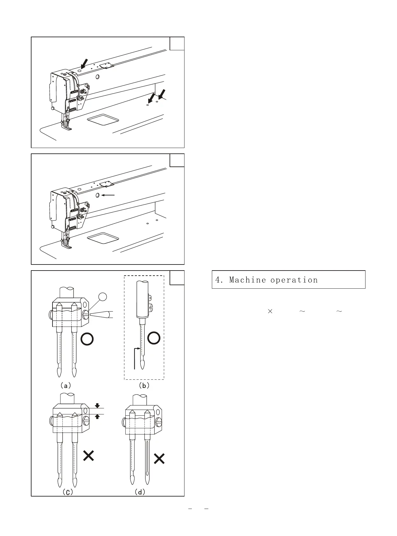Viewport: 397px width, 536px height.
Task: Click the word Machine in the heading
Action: tap(247, 280)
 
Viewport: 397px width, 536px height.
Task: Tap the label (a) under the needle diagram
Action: tap(66, 385)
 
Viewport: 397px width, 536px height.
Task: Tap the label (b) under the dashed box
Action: tap(144, 385)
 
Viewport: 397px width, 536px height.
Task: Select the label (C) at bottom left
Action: tap(67, 492)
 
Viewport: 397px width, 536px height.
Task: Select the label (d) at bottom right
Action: tap(140, 492)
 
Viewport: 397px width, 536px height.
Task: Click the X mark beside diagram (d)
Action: tap(159, 459)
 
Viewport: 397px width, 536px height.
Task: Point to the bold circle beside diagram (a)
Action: tap(87, 339)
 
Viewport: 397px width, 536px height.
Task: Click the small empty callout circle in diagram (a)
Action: tap(102, 297)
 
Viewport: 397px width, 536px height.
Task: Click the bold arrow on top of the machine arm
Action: tap(84, 64)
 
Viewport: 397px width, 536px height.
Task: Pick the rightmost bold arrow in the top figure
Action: tap(162, 94)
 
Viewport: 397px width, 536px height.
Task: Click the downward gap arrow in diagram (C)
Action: tap(97, 406)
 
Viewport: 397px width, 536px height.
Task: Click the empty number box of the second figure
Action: tap(177, 160)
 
